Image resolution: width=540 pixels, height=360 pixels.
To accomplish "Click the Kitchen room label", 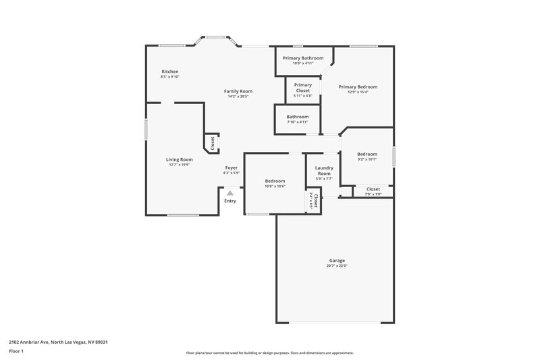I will pyautogui.click(x=169, y=72).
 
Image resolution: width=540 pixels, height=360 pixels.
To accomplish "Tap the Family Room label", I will pyautogui.click(x=238, y=91).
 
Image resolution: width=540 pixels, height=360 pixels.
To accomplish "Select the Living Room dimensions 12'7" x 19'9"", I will pyautogui.click(x=180, y=165).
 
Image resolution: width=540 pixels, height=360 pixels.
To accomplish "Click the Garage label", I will pyautogui.click(x=337, y=261).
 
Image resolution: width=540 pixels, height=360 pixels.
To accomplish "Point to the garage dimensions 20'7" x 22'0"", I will pyautogui.click(x=337, y=266).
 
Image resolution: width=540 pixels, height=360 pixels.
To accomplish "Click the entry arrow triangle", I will pyautogui.click(x=230, y=193).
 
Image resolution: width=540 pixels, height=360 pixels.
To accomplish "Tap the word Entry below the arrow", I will pyautogui.click(x=230, y=201).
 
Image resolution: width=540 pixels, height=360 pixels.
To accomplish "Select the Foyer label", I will pyautogui.click(x=231, y=168).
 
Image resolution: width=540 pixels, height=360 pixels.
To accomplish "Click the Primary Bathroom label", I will pyautogui.click(x=302, y=58).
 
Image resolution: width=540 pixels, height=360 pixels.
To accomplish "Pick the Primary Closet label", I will pyautogui.click(x=302, y=88).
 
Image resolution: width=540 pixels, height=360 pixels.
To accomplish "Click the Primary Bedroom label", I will pyautogui.click(x=358, y=86).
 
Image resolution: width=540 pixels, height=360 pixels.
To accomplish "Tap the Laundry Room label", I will pyautogui.click(x=324, y=170).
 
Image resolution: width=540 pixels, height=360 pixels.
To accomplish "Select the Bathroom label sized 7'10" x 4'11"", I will pyautogui.click(x=297, y=117).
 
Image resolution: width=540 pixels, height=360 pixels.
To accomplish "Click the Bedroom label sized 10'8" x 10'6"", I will pyautogui.click(x=275, y=181).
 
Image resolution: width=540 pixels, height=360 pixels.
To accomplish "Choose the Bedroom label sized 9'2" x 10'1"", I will pyautogui.click(x=367, y=155).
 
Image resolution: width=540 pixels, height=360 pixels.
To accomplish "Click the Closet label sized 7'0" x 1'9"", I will pyautogui.click(x=373, y=189).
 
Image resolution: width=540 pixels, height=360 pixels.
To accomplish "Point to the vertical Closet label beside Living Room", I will pyautogui.click(x=212, y=143).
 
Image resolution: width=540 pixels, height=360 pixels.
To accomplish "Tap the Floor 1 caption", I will pyautogui.click(x=17, y=352).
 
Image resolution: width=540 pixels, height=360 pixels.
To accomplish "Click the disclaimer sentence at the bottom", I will pyautogui.click(x=269, y=353).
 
